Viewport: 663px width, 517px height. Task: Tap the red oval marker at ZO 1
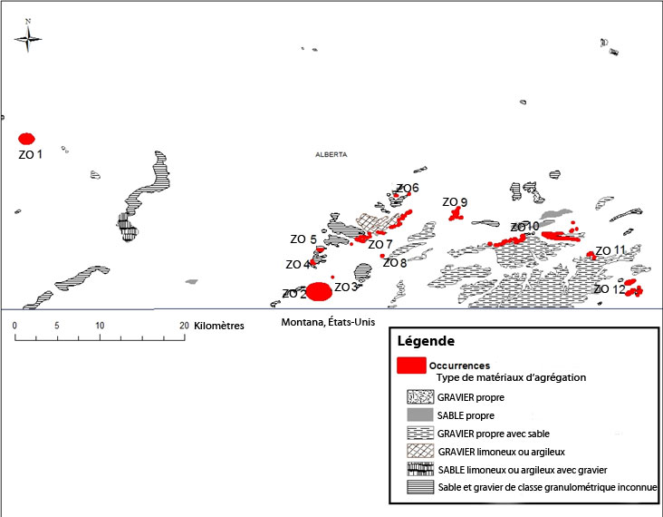27,139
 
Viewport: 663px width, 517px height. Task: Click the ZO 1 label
31,155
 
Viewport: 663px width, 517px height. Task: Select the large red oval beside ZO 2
318,291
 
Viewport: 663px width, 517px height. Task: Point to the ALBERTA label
331,155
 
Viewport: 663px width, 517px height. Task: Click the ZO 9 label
455,202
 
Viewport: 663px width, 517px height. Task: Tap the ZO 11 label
610,250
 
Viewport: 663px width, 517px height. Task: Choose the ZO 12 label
610,289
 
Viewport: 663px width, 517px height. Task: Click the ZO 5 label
303,240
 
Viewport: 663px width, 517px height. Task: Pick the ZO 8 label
395,263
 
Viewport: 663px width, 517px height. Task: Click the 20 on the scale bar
184,325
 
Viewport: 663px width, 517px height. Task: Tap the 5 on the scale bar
57,325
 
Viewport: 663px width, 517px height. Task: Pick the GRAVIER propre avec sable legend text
493,433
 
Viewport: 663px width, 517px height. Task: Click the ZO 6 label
408,189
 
